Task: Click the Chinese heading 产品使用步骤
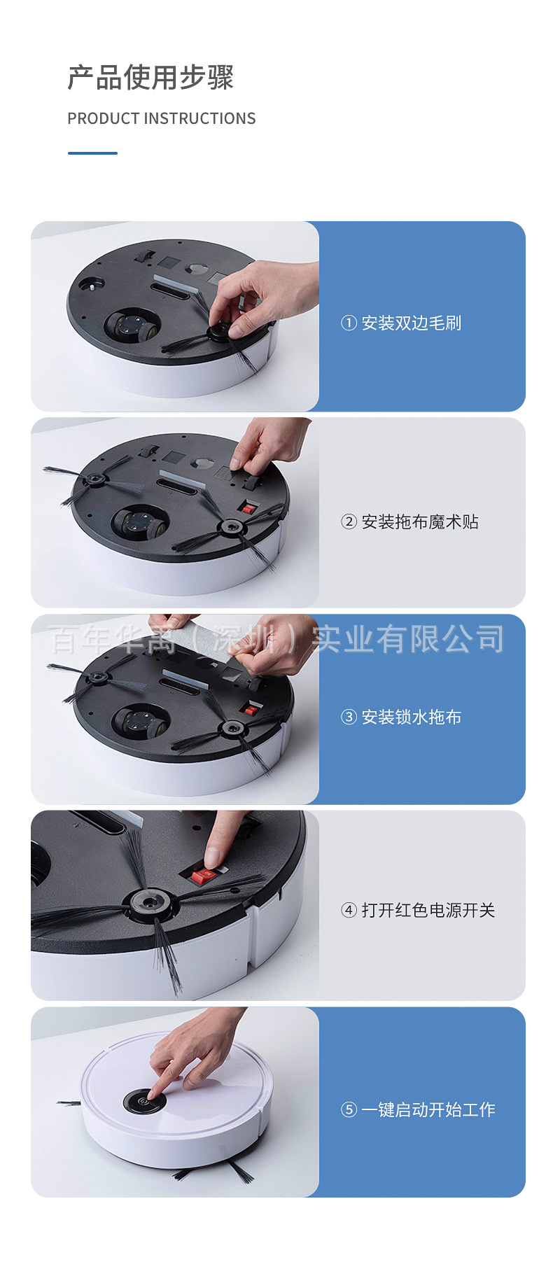point(150,78)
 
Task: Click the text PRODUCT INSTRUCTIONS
point(161,118)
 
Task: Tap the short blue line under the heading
point(92,153)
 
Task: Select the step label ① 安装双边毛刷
point(401,323)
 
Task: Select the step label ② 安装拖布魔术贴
point(409,521)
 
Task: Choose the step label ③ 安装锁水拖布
point(401,717)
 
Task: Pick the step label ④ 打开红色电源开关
point(418,910)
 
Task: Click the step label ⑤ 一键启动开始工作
point(418,1109)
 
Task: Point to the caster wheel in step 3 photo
point(140,722)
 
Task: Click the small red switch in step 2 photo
point(248,507)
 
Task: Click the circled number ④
point(349,910)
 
